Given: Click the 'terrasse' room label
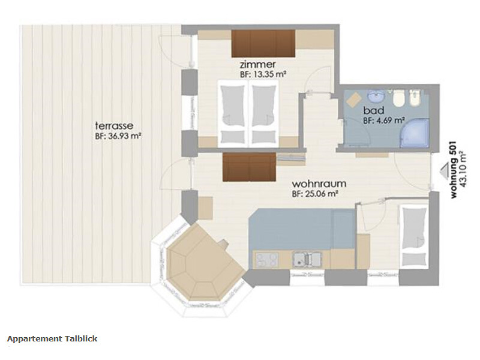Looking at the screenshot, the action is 114,125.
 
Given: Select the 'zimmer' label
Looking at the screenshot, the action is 258,65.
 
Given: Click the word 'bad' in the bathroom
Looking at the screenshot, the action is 373,110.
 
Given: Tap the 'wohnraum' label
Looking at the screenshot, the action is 319,184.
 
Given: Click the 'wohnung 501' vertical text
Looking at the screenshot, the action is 454,170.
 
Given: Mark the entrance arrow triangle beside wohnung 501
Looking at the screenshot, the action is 443,170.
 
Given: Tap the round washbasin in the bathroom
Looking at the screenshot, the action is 376,97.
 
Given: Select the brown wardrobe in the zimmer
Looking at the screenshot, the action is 263,43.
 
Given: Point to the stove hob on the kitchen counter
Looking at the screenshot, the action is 267,260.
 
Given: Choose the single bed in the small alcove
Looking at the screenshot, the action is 413,236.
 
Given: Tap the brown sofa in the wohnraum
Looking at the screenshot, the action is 249,167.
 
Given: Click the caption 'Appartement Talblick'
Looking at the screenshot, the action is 52,338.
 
